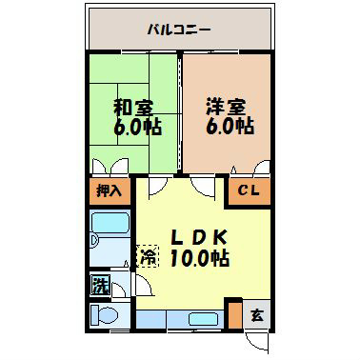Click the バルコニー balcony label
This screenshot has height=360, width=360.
click(178, 30)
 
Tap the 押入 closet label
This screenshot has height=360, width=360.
click(109, 190)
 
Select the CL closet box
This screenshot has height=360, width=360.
click(248, 190)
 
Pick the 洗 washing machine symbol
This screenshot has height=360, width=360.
click(100, 283)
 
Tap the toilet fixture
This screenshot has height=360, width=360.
click(104, 314)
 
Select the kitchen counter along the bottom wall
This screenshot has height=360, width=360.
click(181, 318)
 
